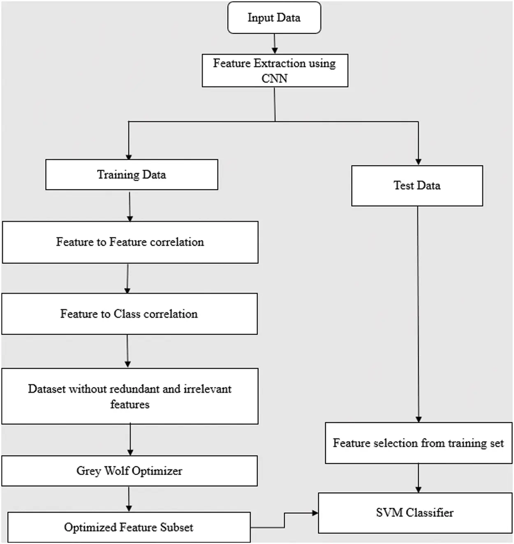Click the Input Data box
(x=274, y=18)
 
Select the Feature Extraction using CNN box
(x=275, y=70)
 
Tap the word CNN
(x=274, y=78)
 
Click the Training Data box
(x=132, y=175)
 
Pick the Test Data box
(x=417, y=186)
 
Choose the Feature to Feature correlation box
(x=130, y=242)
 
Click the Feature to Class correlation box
(x=129, y=314)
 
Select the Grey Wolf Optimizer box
(x=129, y=471)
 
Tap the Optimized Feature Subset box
(x=129, y=527)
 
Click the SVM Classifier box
(x=415, y=513)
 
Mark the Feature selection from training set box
(x=418, y=443)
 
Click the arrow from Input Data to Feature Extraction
(x=275, y=44)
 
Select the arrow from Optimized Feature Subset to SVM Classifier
(x=284, y=520)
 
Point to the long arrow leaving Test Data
(x=418, y=312)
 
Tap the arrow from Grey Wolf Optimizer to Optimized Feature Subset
(x=129, y=499)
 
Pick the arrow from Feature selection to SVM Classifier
(x=418, y=478)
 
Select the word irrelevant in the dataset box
(x=207, y=389)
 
